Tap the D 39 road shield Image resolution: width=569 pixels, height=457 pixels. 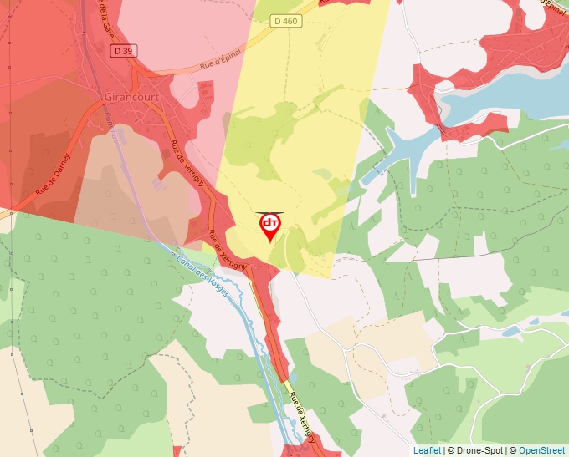click(x=123, y=51)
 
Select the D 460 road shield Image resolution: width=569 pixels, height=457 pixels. click(x=284, y=21)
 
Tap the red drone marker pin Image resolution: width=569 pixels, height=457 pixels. click(x=269, y=226)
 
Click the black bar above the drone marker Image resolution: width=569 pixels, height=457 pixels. click(x=269, y=213)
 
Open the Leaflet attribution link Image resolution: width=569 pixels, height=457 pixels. click(x=427, y=450)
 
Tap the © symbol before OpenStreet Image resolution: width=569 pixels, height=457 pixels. click(x=513, y=450)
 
